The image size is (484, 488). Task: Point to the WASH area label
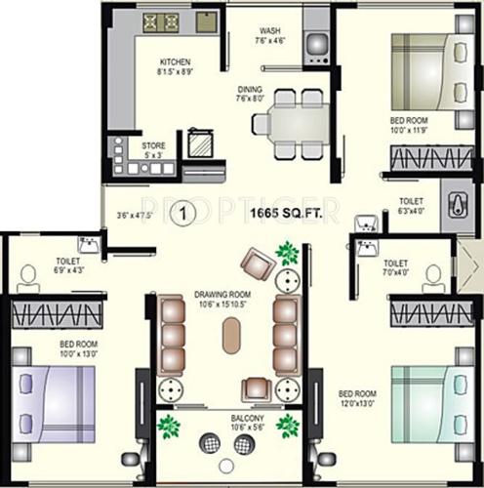coord(270,30)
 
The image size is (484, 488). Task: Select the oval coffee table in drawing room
coord(230,337)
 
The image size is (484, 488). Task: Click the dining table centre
coord(288,123)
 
